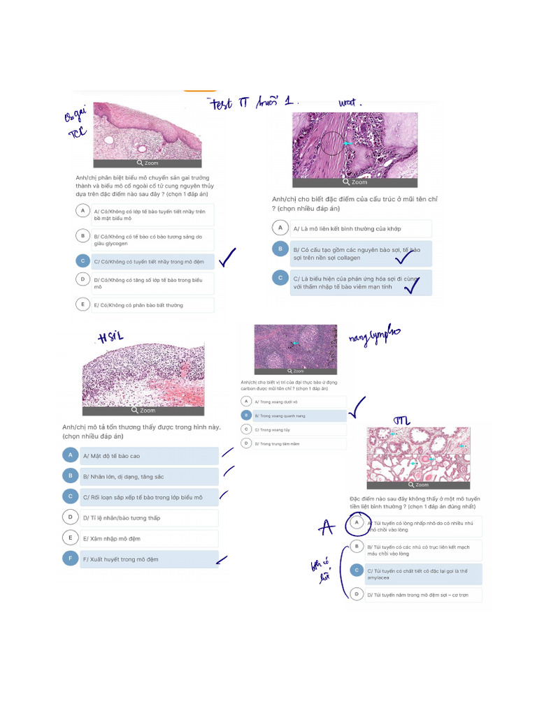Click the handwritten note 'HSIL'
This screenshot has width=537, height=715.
[x=111, y=338]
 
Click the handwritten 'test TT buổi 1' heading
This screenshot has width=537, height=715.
[x=252, y=103]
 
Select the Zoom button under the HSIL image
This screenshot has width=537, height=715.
[x=143, y=411]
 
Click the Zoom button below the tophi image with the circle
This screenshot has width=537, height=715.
[x=355, y=182]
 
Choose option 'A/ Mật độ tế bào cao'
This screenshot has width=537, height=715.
[x=149, y=456]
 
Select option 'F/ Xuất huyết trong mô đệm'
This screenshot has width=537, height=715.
[x=149, y=559]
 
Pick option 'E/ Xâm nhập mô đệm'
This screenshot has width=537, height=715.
[x=149, y=538]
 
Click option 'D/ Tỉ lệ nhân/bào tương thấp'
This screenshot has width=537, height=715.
[x=149, y=518]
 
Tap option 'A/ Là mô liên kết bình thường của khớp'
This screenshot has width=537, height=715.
[x=360, y=228]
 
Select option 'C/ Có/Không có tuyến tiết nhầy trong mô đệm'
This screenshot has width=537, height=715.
[x=152, y=262]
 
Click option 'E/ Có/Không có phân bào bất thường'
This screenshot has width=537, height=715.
[x=152, y=305]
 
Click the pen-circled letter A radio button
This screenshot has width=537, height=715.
[x=357, y=523]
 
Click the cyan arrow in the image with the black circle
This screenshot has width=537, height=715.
[x=347, y=143]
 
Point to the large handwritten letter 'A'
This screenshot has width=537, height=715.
[x=326, y=529]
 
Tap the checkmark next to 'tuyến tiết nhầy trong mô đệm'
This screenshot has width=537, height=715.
[x=227, y=260]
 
